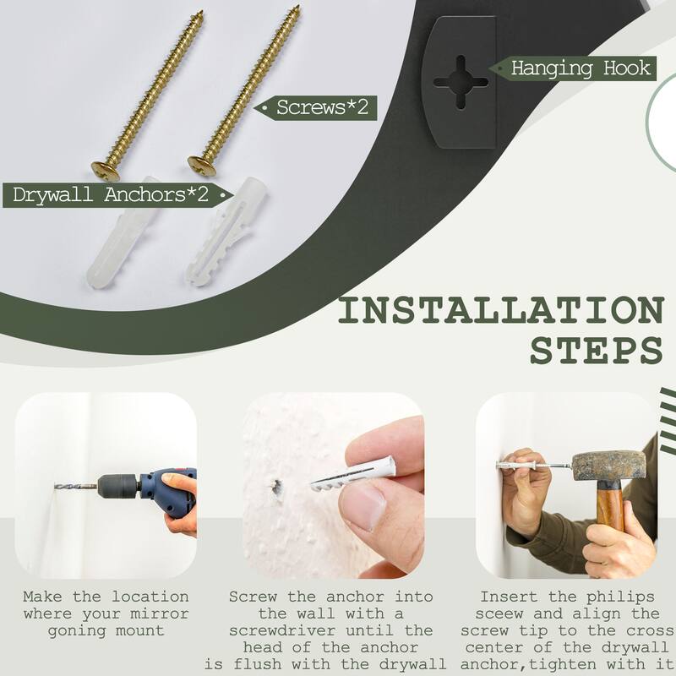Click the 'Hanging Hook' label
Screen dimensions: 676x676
[581, 68]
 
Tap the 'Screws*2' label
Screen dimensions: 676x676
[322, 107]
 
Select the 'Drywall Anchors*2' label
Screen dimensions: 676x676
[111, 194]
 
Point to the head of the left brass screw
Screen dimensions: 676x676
[106, 171]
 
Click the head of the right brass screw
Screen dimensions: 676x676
[202, 166]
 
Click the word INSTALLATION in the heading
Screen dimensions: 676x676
[501, 310]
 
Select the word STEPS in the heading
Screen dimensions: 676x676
[597, 350]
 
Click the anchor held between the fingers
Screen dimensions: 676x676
[353, 473]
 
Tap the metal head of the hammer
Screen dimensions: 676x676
[609, 466]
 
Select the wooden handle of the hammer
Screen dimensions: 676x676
[610, 505]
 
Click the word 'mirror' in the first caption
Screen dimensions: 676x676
[159, 613]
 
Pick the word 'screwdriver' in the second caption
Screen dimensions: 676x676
[282, 630]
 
